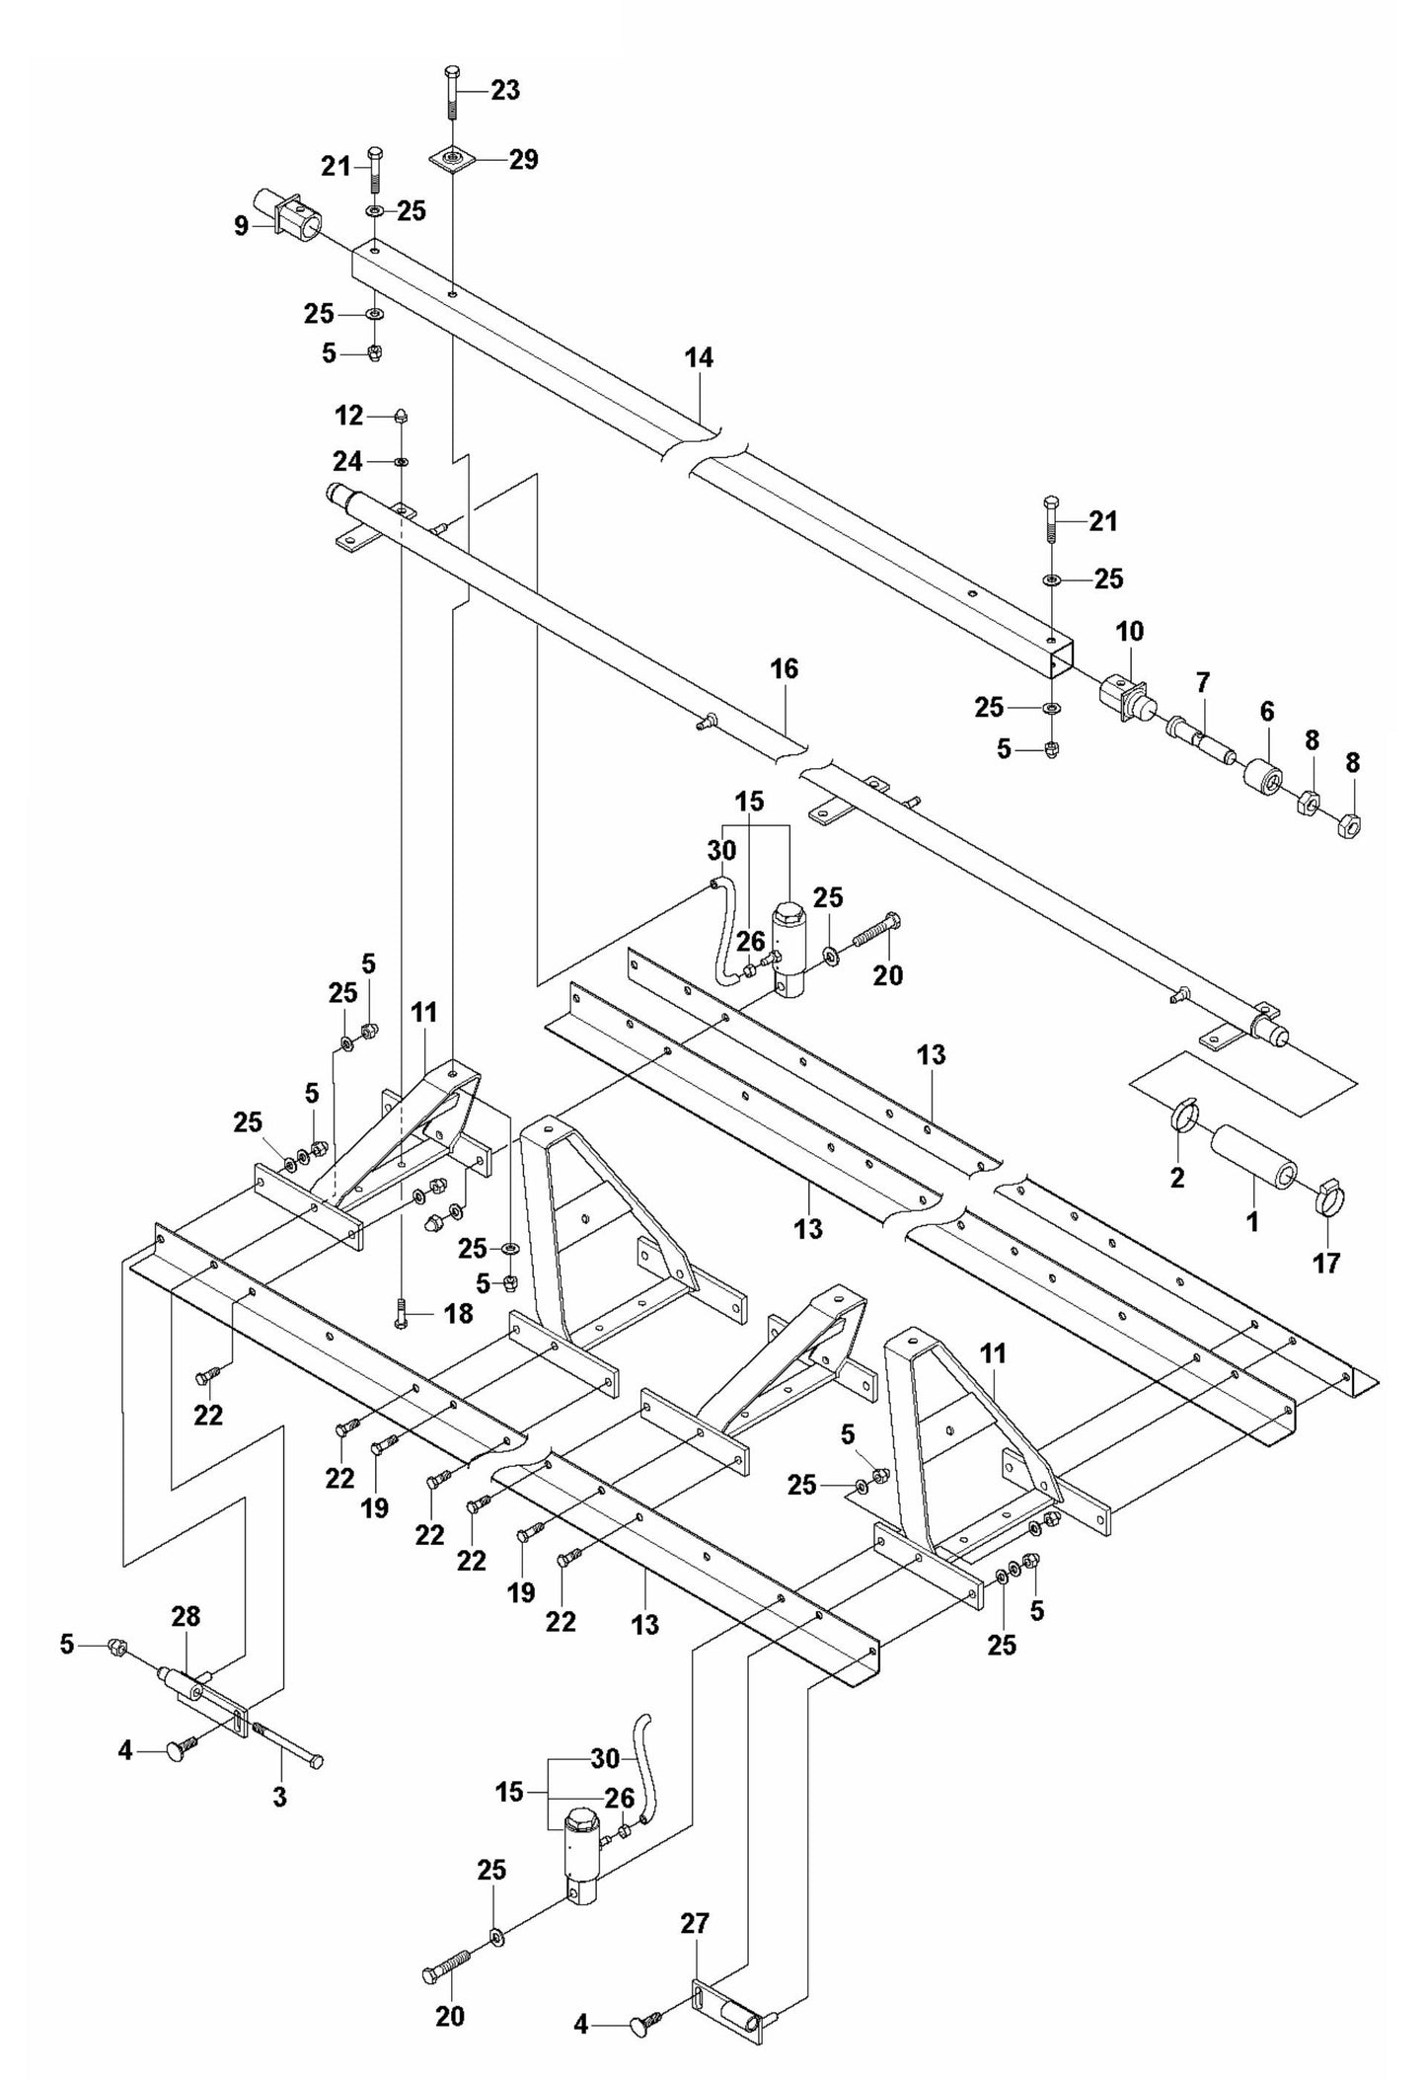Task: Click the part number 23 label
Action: coord(505,90)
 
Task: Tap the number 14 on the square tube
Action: coord(699,358)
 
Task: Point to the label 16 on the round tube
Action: coord(785,669)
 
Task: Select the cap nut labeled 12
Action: coord(402,416)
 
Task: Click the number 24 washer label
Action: coord(347,461)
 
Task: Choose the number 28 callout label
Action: coord(186,1616)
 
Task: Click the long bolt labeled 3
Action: coord(291,1757)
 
